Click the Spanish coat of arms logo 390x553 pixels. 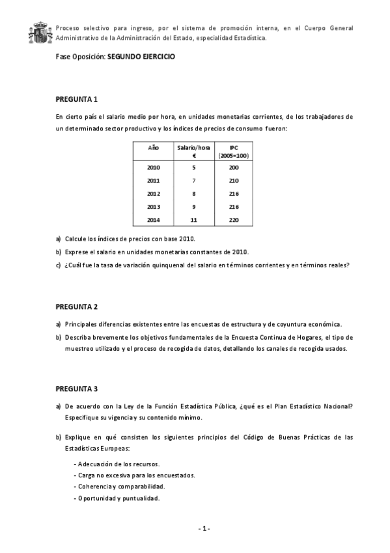point(40,33)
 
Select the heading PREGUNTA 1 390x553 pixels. point(76,100)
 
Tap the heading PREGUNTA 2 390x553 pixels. point(76,306)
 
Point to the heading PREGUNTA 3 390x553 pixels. point(76,389)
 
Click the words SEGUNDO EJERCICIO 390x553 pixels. point(141,57)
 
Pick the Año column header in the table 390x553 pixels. point(153,148)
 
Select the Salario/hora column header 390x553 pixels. point(193,151)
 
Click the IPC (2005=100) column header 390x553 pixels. point(234,151)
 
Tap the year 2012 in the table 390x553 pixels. point(153,194)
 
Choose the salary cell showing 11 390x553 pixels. point(193,220)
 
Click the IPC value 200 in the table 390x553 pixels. point(234,168)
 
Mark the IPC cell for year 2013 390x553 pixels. point(234,207)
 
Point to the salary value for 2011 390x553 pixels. point(193,181)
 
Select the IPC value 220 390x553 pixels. point(234,220)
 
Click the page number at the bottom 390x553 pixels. point(204,528)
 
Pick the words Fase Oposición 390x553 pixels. point(80,57)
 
